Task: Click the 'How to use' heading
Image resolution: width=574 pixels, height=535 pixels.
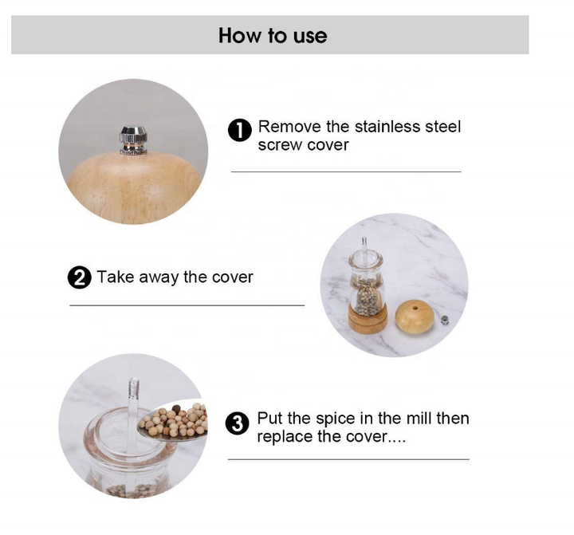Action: point(273,36)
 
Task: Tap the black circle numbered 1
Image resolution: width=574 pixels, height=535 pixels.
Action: point(240,130)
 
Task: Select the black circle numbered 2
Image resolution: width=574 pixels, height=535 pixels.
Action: point(80,277)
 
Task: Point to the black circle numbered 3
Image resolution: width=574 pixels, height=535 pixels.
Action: point(238,423)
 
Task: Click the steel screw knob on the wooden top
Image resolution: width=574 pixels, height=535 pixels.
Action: point(133,140)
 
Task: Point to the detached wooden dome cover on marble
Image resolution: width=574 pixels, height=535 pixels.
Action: point(415,317)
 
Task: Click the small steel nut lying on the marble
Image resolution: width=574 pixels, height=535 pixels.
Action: point(444,321)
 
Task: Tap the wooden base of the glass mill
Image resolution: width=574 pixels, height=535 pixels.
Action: point(368,318)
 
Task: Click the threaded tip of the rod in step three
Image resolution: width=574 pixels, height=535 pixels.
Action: point(133,387)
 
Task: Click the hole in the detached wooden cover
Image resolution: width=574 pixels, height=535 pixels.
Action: point(415,308)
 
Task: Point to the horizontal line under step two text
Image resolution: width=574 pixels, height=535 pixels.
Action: point(187,305)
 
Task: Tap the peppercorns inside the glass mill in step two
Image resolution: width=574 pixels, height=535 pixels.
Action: point(367,296)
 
